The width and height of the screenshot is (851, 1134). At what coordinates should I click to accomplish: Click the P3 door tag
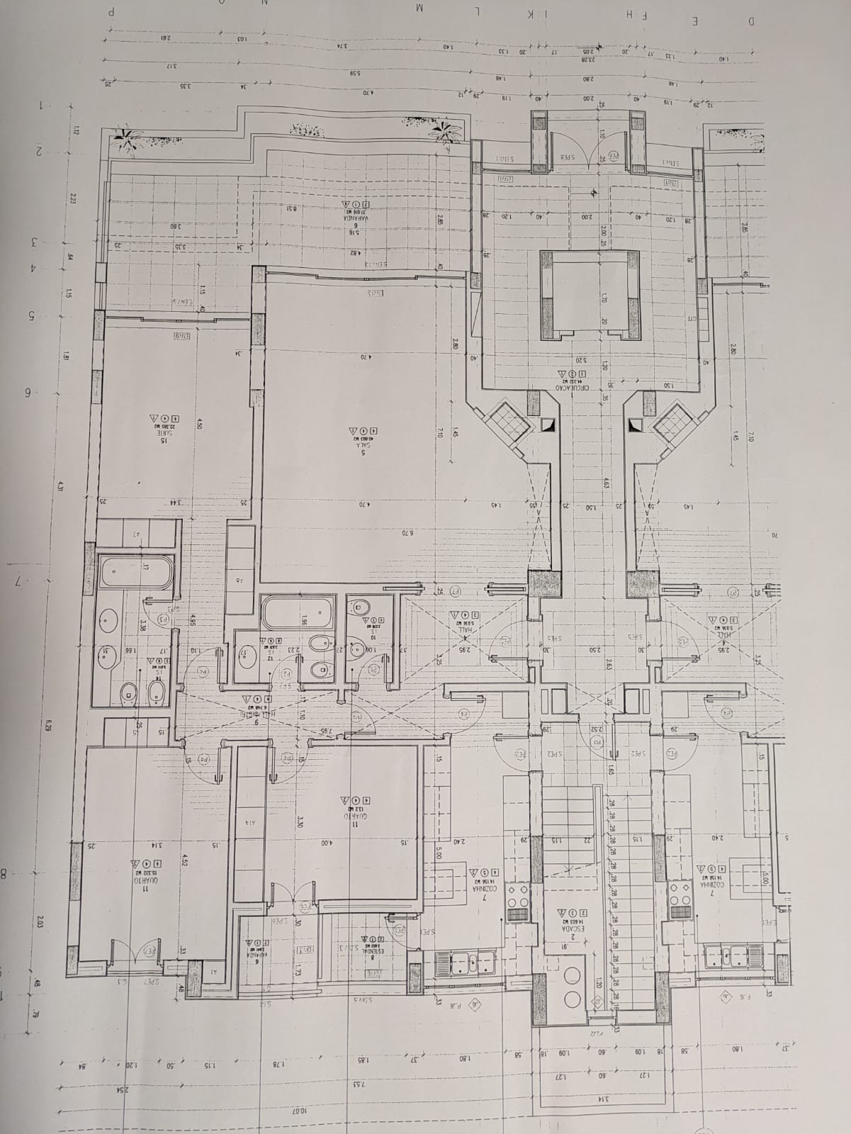click(163, 618)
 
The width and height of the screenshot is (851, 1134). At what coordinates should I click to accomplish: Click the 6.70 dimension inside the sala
click(407, 532)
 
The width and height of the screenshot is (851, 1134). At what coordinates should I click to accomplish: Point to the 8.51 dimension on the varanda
click(291, 208)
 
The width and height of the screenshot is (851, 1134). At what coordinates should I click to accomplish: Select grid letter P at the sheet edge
click(110, 12)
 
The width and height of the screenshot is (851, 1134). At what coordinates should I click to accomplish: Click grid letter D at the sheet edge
click(750, 21)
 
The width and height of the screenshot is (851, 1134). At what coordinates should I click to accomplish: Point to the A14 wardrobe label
click(249, 823)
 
